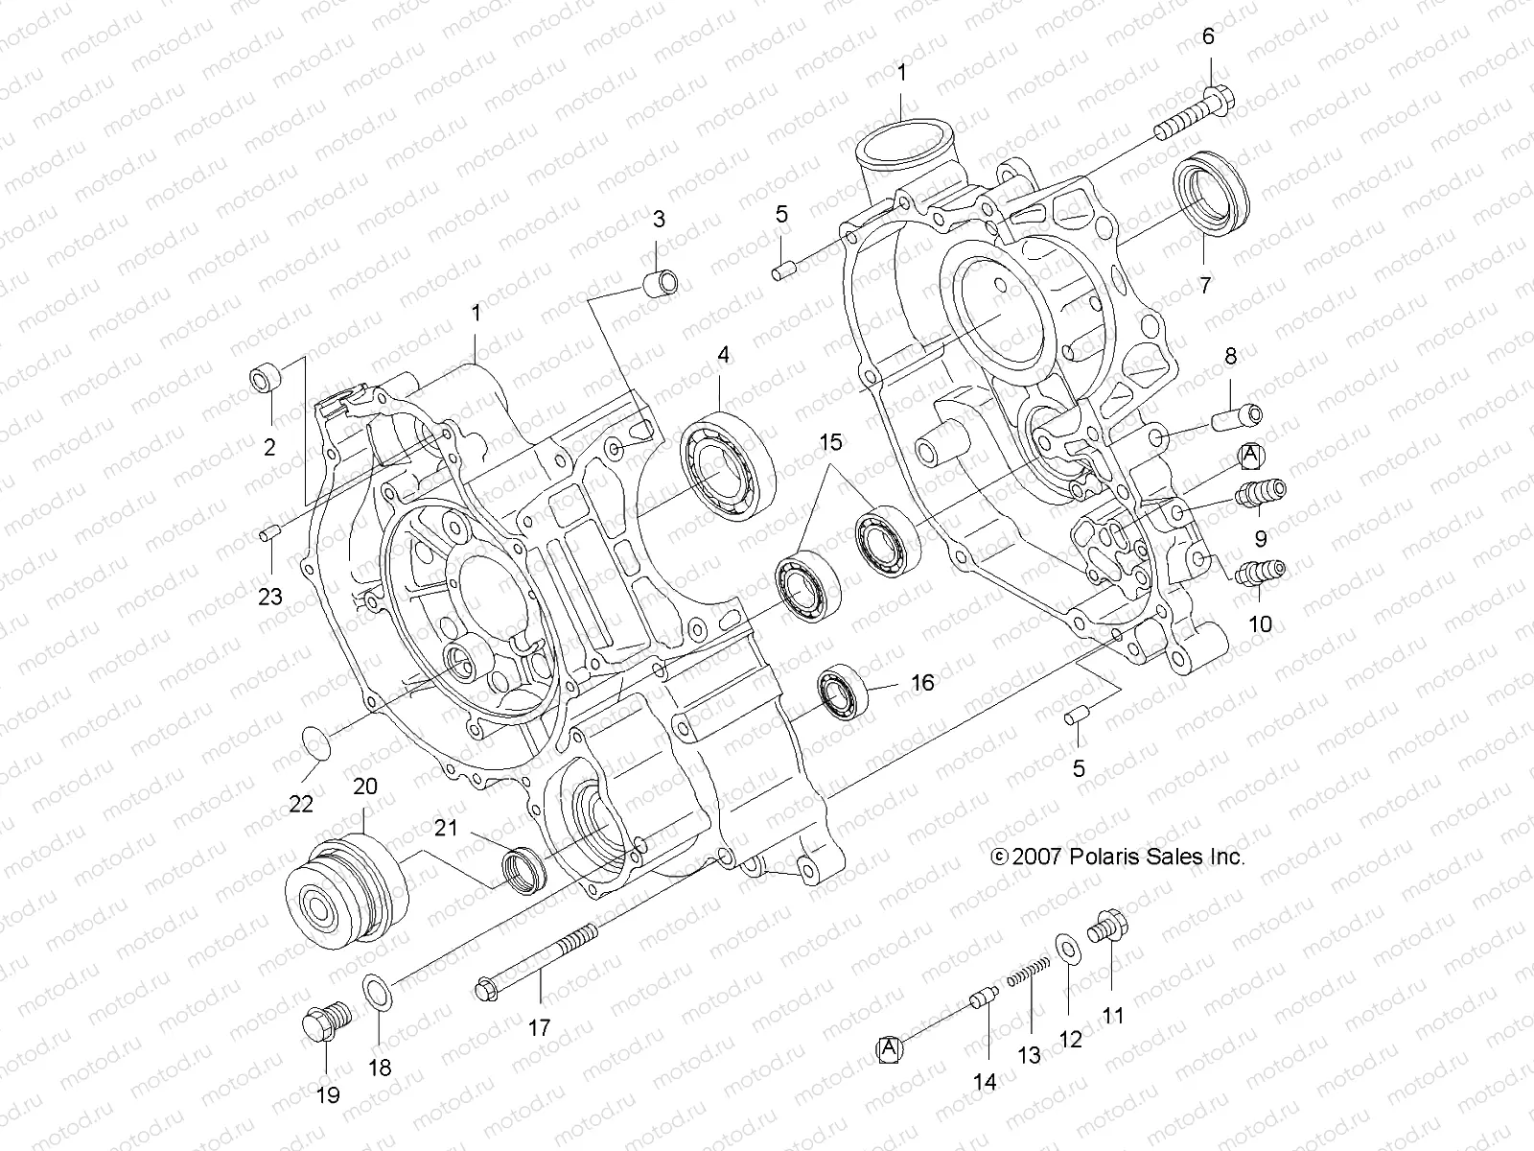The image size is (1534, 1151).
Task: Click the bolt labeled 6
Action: pos(1194,112)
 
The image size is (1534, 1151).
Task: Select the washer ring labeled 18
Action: pos(378,991)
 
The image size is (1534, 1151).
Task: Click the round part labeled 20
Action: pos(349,890)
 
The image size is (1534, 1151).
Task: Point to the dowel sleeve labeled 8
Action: pos(1239,417)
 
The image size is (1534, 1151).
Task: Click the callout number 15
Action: pos(830,443)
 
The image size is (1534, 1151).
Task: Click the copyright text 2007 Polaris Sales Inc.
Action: pos(1119,857)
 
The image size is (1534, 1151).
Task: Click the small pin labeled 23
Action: pos(270,530)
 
